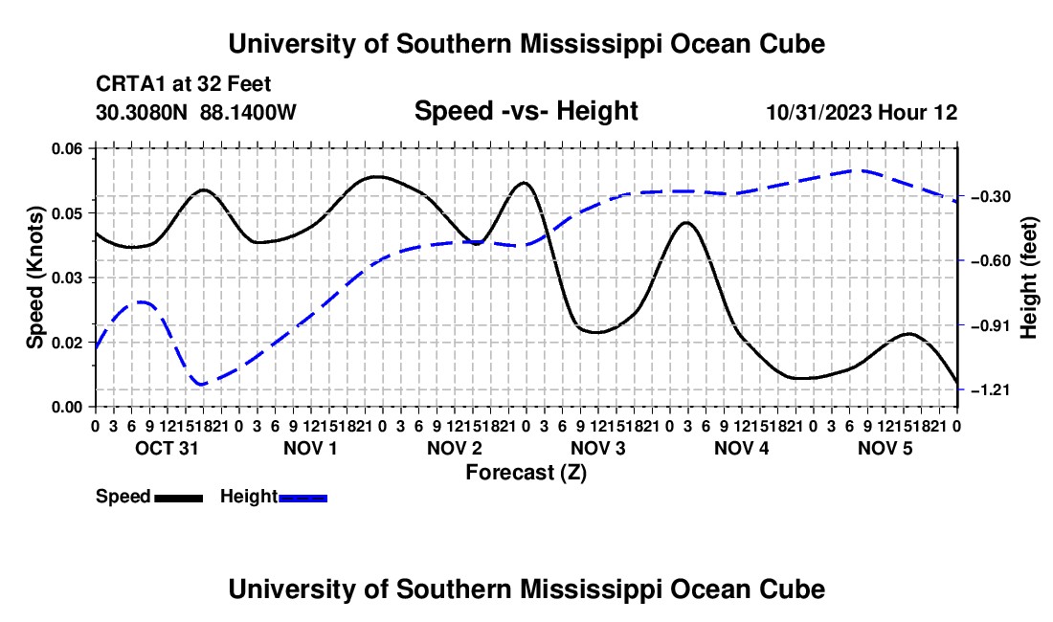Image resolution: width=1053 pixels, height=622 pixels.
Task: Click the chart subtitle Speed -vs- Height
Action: [526, 111]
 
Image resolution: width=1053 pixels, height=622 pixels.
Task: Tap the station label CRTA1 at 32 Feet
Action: [184, 84]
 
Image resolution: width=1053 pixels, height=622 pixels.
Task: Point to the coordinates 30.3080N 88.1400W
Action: [196, 112]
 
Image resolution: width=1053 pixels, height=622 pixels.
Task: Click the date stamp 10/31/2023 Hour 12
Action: [862, 112]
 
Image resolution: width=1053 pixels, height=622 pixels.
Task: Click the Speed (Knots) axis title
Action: [34, 278]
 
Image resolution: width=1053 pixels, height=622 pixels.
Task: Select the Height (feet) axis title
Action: [1028, 278]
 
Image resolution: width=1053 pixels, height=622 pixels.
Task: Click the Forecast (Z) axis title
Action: [526, 473]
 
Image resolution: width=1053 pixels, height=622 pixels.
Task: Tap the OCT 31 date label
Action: [167, 448]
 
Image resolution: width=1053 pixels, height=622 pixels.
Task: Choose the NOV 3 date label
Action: [597, 448]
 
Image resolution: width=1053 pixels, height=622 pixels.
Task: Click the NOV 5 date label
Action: [885, 448]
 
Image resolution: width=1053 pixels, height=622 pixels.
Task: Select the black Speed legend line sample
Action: [178, 498]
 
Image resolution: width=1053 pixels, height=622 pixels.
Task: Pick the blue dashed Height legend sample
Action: [302, 498]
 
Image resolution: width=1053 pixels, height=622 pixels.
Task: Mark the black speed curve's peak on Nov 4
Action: [686, 222]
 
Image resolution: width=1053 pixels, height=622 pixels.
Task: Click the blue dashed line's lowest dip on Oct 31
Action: [200, 384]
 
